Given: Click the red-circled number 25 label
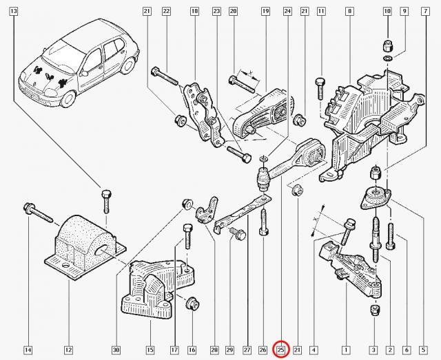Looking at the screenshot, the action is [x=281, y=349].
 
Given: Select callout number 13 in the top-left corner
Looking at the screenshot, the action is [x=14, y=11].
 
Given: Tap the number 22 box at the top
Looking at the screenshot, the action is [x=167, y=11].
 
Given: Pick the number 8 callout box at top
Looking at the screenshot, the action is [x=349, y=11].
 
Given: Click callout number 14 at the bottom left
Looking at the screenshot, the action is [x=28, y=350].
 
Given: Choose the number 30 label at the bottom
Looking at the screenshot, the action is [x=116, y=350].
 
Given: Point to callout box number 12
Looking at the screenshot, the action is [x=68, y=350].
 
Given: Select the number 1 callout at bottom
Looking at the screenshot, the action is [x=346, y=350].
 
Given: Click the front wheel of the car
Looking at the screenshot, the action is [x=68, y=98].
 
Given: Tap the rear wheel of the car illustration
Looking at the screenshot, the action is [x=129, y=65].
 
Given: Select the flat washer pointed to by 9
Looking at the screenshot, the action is [x=387, y=59].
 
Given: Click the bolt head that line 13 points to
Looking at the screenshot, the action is [x=106, y=194].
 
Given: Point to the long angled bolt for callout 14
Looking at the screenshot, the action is [x=38, y=213].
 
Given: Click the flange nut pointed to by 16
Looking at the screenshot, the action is [x=193, y=304].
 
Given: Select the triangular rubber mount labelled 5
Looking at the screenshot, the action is [x=376, y=198].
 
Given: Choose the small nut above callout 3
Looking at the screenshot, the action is [x=376, y=310].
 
